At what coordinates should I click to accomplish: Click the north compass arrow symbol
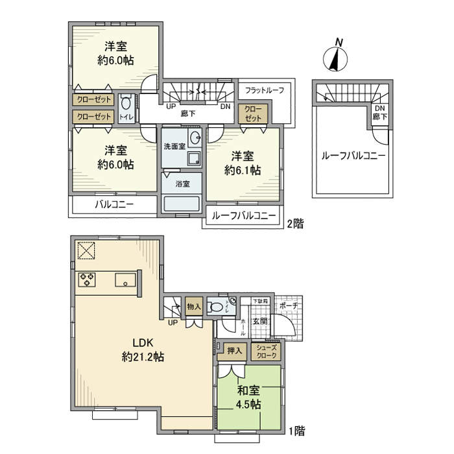click(335, 56)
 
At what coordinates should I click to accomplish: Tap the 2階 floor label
click(294, 224)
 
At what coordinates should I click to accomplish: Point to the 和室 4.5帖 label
click(248, 397)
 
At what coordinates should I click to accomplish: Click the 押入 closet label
click(233, 352)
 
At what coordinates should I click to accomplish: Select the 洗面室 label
click(174, 147)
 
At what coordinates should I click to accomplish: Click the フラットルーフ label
click(265, 90)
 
